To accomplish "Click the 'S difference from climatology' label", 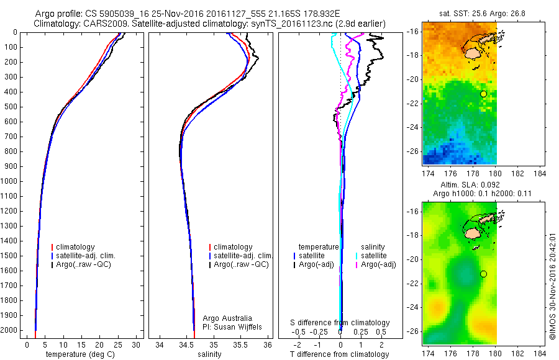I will point(340,323).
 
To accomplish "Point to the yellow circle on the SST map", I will point(483,94).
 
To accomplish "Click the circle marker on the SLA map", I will point(483,274).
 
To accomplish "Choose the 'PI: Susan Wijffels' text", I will point(234,326).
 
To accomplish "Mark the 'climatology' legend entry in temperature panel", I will point(76,247).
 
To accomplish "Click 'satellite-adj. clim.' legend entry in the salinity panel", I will point(243,256).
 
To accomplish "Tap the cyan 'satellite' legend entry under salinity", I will point(373,256).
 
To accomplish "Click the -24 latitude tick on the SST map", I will point(413,127).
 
